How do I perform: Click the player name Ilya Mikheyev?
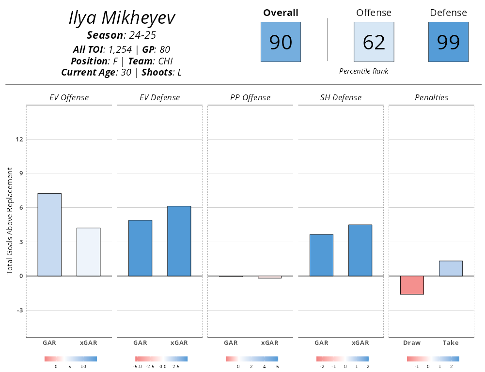(122, 18)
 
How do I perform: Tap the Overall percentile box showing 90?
(281, 42)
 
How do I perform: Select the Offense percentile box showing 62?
(374, 42)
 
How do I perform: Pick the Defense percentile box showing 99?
(448, 42)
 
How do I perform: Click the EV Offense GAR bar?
(49, 234)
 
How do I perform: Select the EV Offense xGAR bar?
(88, 252)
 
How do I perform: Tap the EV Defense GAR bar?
(140, 248)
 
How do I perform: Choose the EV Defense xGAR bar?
(179, 241)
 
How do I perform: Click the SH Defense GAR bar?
(321, 255)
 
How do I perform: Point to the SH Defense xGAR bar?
(360, 250)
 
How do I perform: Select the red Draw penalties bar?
(412, 285)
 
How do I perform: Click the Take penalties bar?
(451, 268)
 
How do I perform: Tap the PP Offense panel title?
(250, 97)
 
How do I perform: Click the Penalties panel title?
(431, 97)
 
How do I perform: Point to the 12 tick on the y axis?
(19, 139)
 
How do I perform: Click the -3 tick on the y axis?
(19, 310)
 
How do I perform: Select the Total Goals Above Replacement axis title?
(10, 221)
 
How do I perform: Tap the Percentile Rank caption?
(363, 71)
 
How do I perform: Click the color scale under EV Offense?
(70, 359)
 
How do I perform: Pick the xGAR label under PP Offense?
(269, 343)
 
